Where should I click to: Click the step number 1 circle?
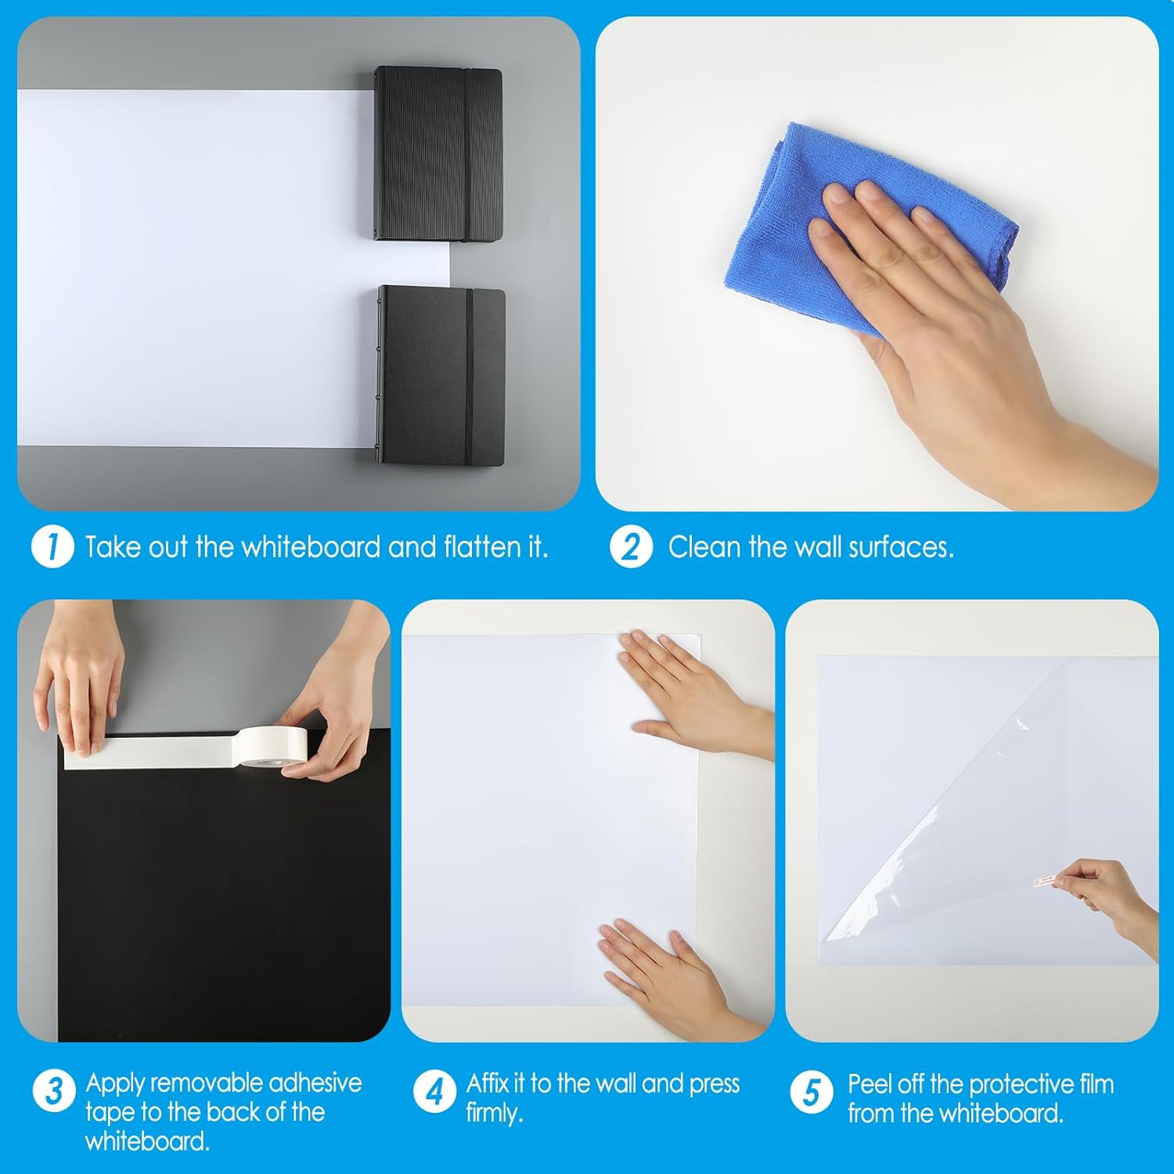point(52,546)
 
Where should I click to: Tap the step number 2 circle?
point(631,546)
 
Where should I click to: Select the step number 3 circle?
point(54,1091)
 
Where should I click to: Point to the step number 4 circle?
point(435,1091)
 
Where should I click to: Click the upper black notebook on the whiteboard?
point(437,153)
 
